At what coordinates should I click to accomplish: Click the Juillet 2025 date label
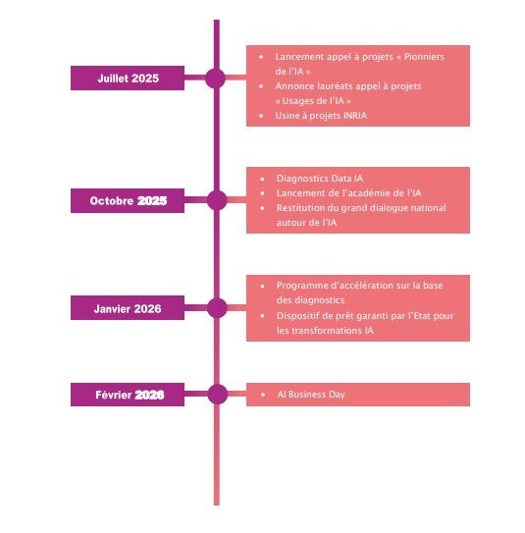tap(128, 79)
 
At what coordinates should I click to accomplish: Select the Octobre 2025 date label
tap(128, 200)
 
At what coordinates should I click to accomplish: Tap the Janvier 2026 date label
tap(128, 308)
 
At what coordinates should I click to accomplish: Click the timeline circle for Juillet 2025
tap(216, 79)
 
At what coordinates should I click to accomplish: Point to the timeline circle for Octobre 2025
tap(217, 200)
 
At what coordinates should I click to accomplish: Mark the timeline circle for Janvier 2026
tap(217, 308)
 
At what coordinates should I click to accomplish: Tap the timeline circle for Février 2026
tap(218, 395)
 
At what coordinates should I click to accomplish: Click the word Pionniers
tap(424, 57)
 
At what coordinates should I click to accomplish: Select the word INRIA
tap(355, 116)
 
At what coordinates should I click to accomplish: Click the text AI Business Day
tap(311, 395)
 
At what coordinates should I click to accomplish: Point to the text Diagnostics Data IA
tap(320, 179)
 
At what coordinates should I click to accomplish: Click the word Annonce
tap(294, 86)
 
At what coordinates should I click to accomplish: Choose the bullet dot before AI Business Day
tap(263, 395)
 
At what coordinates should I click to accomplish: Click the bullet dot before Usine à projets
tap(261, 116)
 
